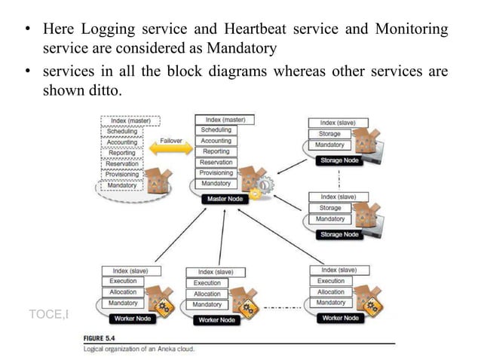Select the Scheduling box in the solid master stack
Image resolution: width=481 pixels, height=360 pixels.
point(216,130)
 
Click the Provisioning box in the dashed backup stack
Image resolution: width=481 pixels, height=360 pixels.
point(122,175)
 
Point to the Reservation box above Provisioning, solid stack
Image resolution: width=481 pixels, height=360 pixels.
point(216,163)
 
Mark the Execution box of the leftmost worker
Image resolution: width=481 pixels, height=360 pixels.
point(123,281)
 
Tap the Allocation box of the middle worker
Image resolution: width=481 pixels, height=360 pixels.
point(207,294)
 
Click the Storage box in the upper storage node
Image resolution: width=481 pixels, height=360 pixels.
point(330,134)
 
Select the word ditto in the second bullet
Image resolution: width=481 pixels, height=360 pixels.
point(103,90)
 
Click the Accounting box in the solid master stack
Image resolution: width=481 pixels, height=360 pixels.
point(216,141)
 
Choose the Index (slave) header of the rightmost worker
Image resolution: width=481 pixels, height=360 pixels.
point(339,270)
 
